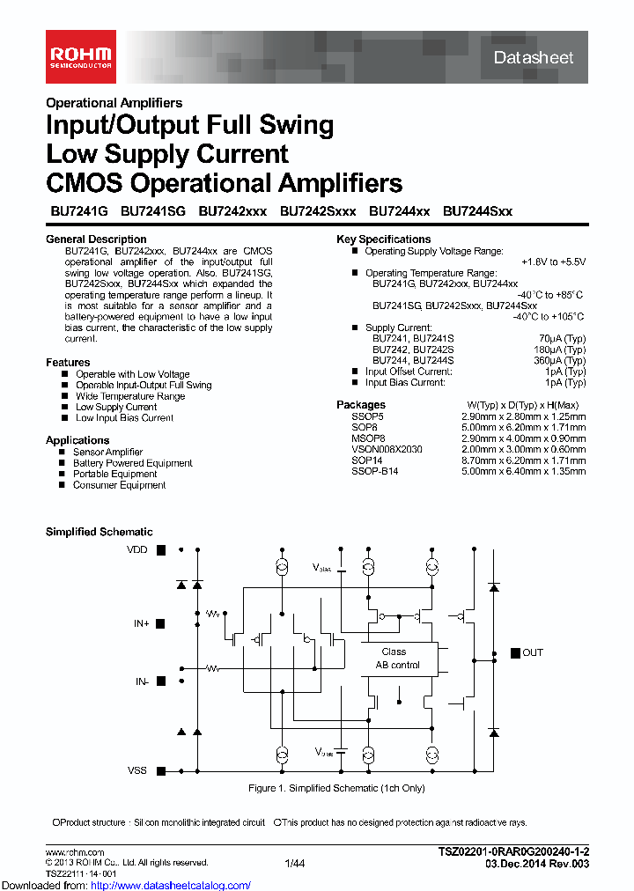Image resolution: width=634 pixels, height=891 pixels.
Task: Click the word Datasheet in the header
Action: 534,58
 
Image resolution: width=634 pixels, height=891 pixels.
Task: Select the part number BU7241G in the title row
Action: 77,211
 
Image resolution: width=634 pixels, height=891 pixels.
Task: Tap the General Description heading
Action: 96,239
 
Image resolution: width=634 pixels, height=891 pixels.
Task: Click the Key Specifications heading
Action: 384,239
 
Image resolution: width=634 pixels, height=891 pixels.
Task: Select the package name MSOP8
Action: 368,438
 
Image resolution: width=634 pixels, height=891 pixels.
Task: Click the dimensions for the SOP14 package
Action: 523,460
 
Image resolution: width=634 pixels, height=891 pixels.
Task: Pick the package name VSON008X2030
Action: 387,449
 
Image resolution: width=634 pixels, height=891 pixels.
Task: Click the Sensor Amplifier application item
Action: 107,452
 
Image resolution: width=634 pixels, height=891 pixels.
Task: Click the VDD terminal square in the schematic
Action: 161,550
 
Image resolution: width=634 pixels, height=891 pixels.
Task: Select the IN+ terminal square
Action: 161,623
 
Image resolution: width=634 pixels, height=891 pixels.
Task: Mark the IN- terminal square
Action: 161,681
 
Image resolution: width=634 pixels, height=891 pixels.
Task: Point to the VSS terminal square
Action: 161,770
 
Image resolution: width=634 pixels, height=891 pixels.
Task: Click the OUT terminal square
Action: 515,653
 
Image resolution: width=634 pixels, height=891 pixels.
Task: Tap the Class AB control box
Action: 398,659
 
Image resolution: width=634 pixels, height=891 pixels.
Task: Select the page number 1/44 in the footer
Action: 295,864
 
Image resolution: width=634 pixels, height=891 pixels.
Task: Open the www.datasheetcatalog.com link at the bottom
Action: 164,885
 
